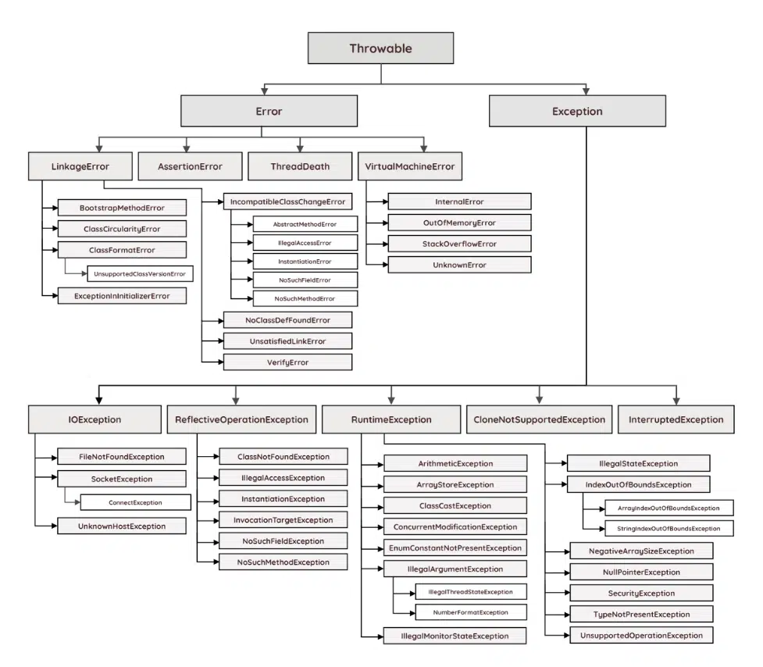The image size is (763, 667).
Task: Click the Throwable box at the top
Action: click(380, 48)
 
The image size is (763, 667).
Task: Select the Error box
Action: click(269, 111)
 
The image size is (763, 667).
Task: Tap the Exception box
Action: click(577, 111)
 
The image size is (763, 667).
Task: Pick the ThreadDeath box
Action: click(300, 166)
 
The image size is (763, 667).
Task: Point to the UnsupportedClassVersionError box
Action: click(140, 273)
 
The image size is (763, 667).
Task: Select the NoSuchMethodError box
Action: click(305, 298)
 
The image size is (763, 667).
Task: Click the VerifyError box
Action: click(287, 362)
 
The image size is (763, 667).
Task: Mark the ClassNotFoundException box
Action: click(283, 457)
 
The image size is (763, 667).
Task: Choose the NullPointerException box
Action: click(641, 572)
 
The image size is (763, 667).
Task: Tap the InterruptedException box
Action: click(676, 419)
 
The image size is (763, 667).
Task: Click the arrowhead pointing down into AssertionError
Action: click(185, 147)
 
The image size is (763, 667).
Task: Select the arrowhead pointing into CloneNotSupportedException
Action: click(539, 399)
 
